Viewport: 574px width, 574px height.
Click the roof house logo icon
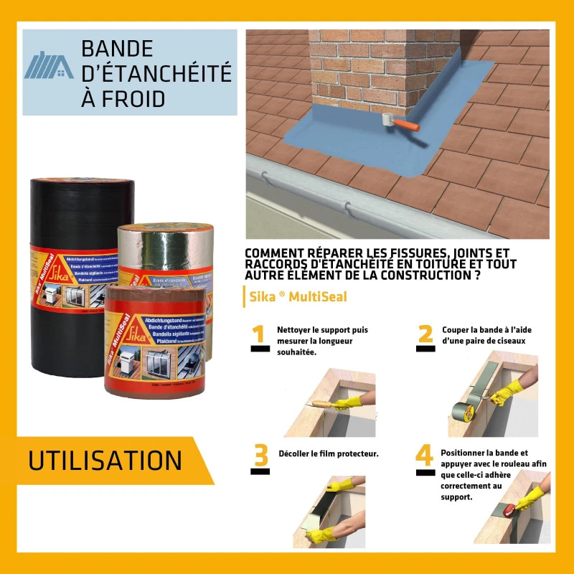coord(49,65)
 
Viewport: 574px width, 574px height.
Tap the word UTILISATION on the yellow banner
coord(105,461)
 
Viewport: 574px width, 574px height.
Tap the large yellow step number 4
coord(425,456)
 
